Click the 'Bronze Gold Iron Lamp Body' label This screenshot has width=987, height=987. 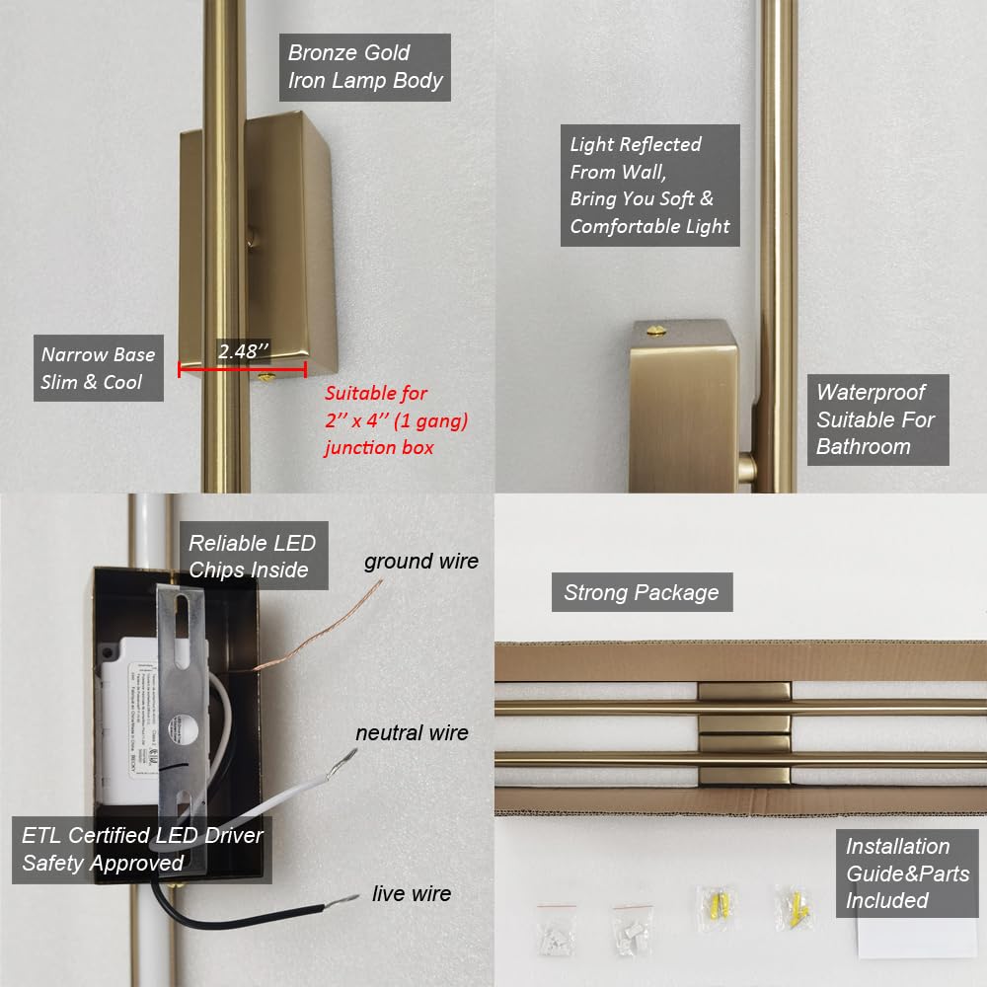click(x=364, y=67)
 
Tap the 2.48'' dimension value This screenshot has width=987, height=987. click(x=243, y=350)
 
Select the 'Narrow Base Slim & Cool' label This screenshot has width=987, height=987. click(x=98, y=368)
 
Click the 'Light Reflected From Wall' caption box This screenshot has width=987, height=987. click(x=650, y=186)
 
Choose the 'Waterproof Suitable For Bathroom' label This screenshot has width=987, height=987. click(x=876, y=419)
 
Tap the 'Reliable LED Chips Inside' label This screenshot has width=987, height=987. click(x=253, y=556)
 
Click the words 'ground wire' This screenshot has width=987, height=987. click(x=420, y=562)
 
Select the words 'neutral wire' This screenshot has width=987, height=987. click(x=412, y=732)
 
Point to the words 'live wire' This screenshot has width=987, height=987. click(x=412, y=893)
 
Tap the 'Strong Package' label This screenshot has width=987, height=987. click(x=642, y=592)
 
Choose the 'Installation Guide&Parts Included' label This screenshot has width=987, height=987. click(x=907, y=873)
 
